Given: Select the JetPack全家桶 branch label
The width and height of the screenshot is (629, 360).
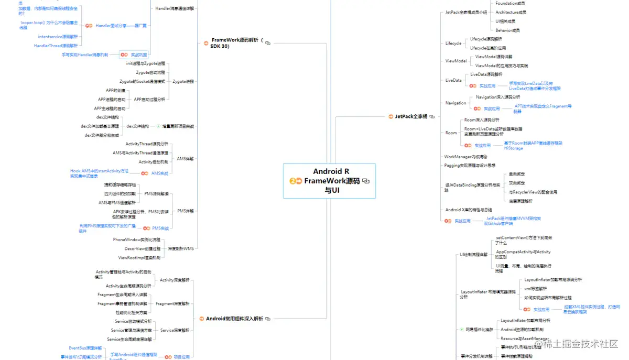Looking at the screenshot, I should [x=407, y=116].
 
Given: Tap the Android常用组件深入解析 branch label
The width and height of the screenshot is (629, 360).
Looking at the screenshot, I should [x=234, y=318].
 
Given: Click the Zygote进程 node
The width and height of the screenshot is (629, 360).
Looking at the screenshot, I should [x=183, y=81].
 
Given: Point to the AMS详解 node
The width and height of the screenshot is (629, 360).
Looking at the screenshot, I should [x=186, y=158].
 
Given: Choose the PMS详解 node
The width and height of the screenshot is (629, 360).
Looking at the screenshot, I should [x=185, y=211].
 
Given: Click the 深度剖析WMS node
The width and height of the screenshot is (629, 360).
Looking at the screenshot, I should [x=180, y=248].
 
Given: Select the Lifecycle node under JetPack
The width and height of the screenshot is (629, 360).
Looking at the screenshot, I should [x=453, y=43].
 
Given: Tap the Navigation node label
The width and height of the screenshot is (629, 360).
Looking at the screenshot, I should [x=456, y=103].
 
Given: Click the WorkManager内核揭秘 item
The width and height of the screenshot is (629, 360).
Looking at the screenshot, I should [x=465, y=157].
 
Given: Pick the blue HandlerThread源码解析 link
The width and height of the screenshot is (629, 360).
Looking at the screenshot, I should [x=56, y=46].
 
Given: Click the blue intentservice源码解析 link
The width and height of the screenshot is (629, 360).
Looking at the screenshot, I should [x=58, y=37].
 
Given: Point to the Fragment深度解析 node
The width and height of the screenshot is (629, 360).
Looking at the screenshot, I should [x=172, y=303].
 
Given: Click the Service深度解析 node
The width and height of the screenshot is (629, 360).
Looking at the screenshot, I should [x=175, y=330].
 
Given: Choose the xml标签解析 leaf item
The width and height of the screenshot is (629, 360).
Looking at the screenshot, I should [x=535, y=288].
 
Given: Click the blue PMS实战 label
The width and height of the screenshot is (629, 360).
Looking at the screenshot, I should [x=160, y=228].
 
